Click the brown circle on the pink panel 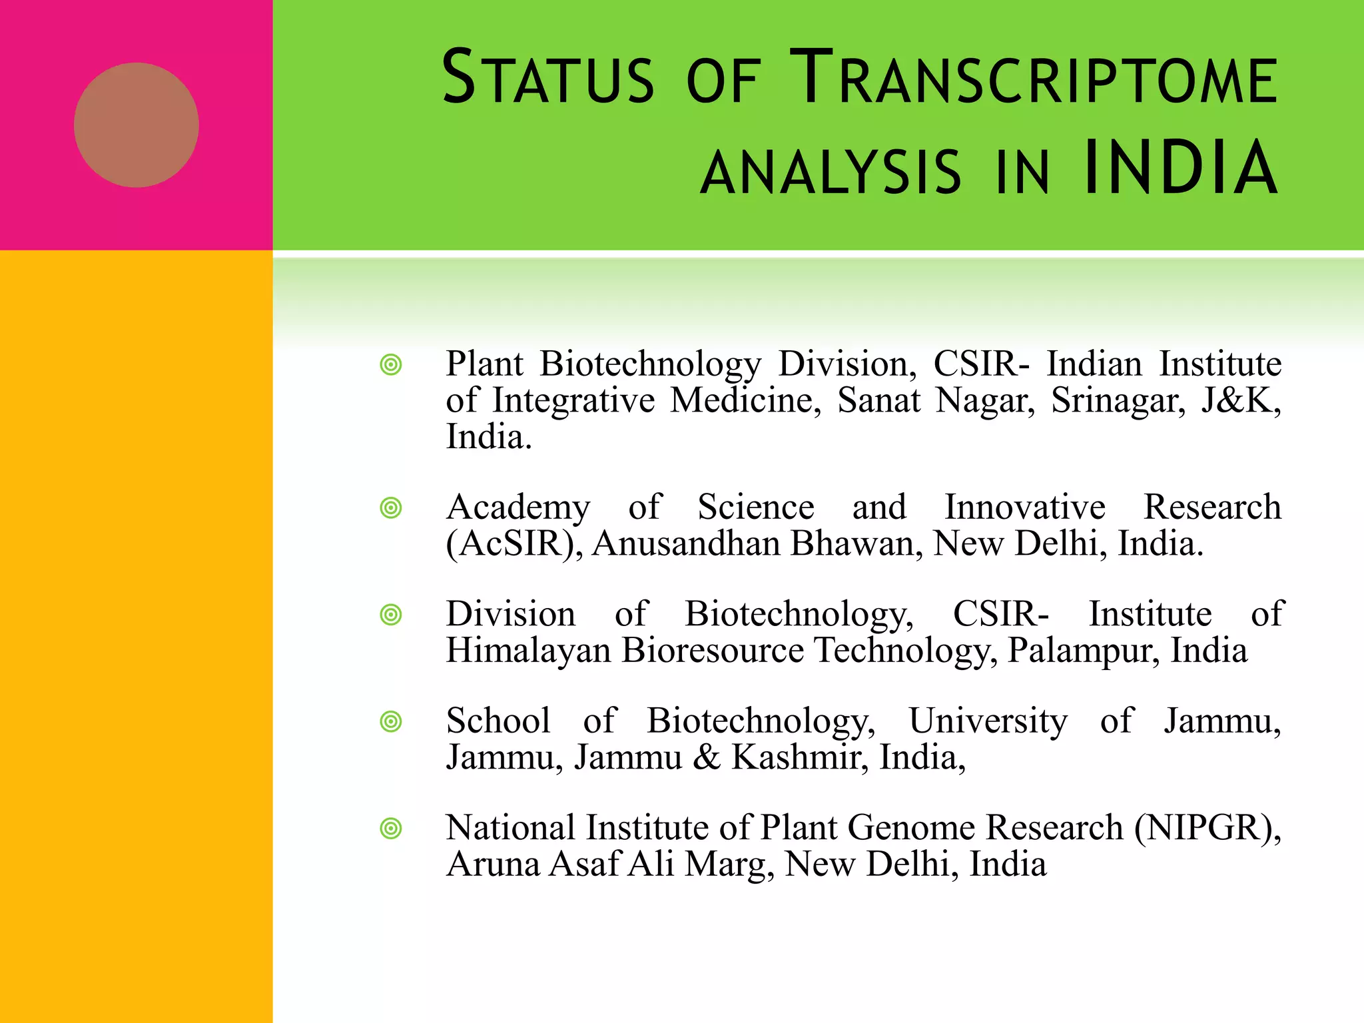point(136,125)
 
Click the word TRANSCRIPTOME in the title point(1037,79)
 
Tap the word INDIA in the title point(1181,169)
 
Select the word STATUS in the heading point(548,79)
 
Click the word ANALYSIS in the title point(831,172)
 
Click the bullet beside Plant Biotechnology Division point(391,365)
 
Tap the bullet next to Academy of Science point(391,508)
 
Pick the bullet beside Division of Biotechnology point(391,615)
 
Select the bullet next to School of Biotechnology point(391,721)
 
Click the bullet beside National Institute point(391,829)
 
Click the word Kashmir point(799,758)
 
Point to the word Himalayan point(528,651)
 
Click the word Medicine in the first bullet point(745,401)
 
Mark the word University point(988,722)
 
